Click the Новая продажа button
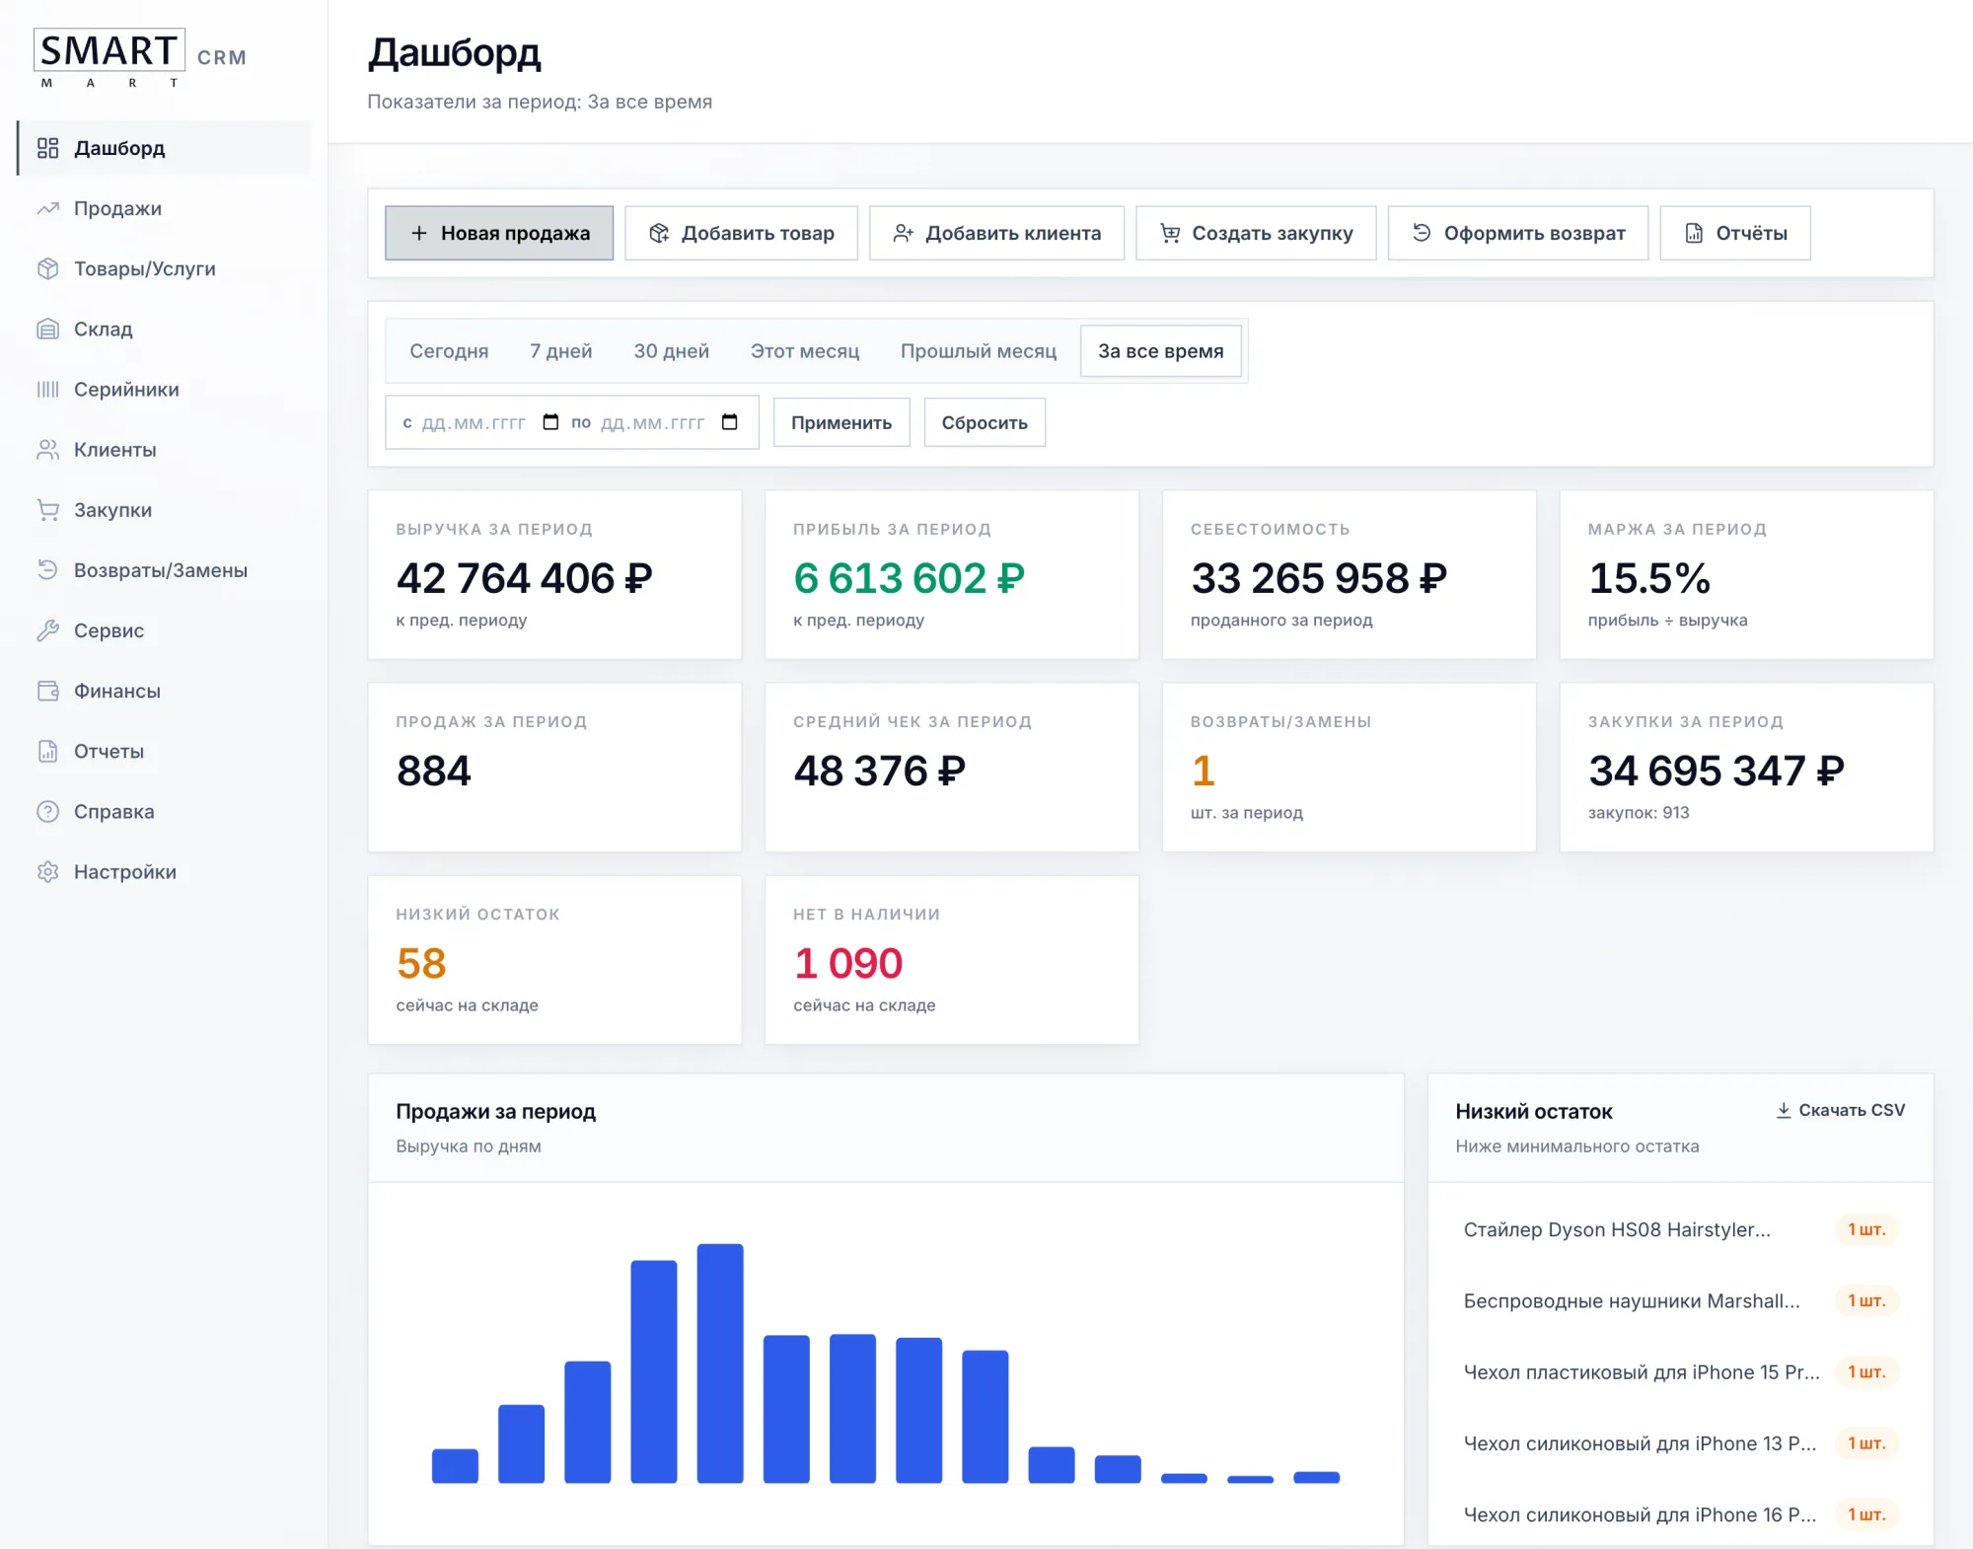click(499, 233)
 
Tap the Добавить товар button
click(741, 233)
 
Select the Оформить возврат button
click(1518, 233)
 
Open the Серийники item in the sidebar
click(126, 390)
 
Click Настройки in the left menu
click(124, 872)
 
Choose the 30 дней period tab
click(671, 351)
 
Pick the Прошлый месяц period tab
click(978, 351)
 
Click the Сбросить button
click(985, 422)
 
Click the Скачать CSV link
click(1841, 1110)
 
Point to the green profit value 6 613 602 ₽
click(909, 578)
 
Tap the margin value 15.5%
click(1649, 578)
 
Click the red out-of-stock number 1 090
click(848, 963)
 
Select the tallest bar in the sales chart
click(720, 1364)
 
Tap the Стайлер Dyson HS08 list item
click(1617, 1229)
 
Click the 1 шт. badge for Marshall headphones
click(1866, 1300)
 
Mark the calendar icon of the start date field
click(550, 422)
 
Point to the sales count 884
click(434, 771)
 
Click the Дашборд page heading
click(455, 53)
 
